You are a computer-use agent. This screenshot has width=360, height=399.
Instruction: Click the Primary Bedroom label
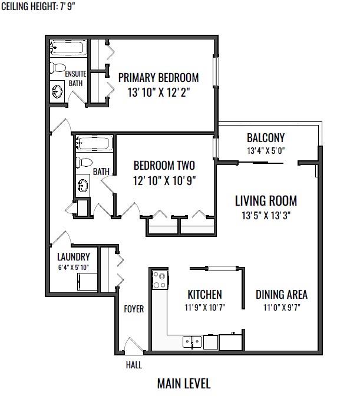click(158, 78)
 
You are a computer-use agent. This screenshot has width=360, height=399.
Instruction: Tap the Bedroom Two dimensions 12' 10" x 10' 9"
click(164, 181)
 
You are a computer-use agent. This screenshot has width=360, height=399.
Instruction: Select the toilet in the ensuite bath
click(58, 68)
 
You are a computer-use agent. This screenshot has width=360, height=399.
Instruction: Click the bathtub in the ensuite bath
click(68, 48)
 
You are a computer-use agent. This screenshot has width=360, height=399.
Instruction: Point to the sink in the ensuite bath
click(57, 91)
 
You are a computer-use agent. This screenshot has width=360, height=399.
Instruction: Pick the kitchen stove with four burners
click(160, 280)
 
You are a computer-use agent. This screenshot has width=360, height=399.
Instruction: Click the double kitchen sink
click(192, 342)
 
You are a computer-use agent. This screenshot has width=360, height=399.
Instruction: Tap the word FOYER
click(134, 309)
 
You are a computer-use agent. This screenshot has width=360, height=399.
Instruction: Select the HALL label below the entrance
click(134, 365)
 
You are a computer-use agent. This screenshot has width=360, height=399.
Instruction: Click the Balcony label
click(266, 138)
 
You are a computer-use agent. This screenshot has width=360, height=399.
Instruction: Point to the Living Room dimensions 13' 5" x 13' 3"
click(266, 216)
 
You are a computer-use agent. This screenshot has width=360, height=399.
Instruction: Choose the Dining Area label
click(282, 295)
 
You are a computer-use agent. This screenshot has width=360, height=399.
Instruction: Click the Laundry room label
click(74, 257)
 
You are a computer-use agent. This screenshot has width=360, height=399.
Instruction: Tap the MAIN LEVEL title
click(184, 384)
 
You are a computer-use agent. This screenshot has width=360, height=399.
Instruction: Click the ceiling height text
click(38, 6)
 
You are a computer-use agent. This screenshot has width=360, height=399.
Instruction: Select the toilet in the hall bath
click(84, 163)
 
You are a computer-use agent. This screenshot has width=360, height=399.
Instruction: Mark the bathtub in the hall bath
click(94, 143)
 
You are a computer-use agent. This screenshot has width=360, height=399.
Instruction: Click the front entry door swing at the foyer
click(134, 345)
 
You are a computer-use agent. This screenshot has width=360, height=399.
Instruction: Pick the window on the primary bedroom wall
click(216, 71)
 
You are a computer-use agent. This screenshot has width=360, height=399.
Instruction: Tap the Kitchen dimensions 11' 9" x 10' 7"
click(205, 308)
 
